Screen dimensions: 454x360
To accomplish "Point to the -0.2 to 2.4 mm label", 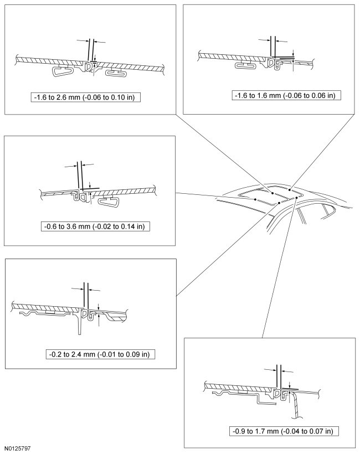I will (x=101, y=354).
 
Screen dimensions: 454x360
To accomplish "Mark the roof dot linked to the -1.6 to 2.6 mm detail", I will (x=272, y=193).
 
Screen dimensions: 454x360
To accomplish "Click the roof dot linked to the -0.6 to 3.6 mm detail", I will (x=254, y=199).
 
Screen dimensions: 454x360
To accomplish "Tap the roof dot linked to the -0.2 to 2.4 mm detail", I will (x=279, y=203).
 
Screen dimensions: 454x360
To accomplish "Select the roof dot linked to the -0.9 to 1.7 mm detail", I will (x=297, y=197).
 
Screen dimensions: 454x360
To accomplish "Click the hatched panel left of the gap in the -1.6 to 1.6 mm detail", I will (x=233, y=55).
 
